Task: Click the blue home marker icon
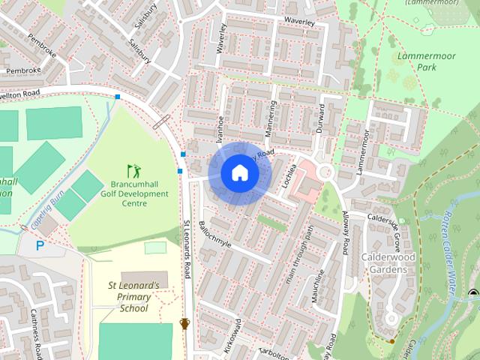click(x=239, y=172)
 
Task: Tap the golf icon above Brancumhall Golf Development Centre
click(x=133, y=170)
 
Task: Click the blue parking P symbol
click(x=40, y=244)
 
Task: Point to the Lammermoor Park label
click(x=416, y=61)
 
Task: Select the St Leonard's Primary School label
click(x=133, y=296)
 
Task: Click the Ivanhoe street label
click(x=220, y=128)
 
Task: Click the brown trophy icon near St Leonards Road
click(x=184, y=324)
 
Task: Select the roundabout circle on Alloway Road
click(x=325, y=172)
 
